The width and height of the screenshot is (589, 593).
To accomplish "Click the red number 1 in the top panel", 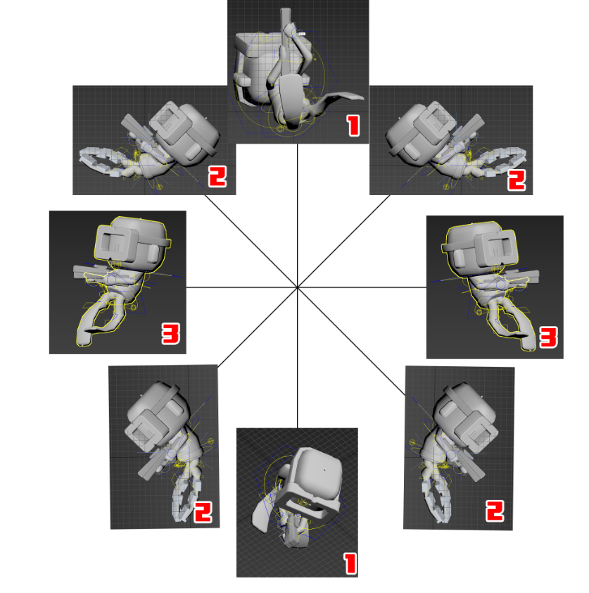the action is click(x=353, y=125).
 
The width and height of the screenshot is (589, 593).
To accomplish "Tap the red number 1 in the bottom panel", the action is click(x=350, y=564).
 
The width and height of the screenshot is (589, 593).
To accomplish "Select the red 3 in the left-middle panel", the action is click(x=171, y=334).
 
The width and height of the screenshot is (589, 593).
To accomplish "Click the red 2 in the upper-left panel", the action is click(x=217, y=177).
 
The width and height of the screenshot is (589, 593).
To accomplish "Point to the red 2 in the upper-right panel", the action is click(x=517, y=180).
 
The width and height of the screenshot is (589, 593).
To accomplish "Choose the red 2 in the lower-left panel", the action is click(x=203, y=512).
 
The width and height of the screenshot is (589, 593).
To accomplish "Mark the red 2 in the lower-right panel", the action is click(x=495, y=511).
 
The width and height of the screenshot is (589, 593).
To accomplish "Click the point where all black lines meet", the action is click(x=298, y=287).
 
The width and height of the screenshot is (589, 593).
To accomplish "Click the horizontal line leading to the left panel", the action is click(x=242, y=287).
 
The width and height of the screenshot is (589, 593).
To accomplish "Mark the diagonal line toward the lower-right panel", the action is click(x=351, y=342).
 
